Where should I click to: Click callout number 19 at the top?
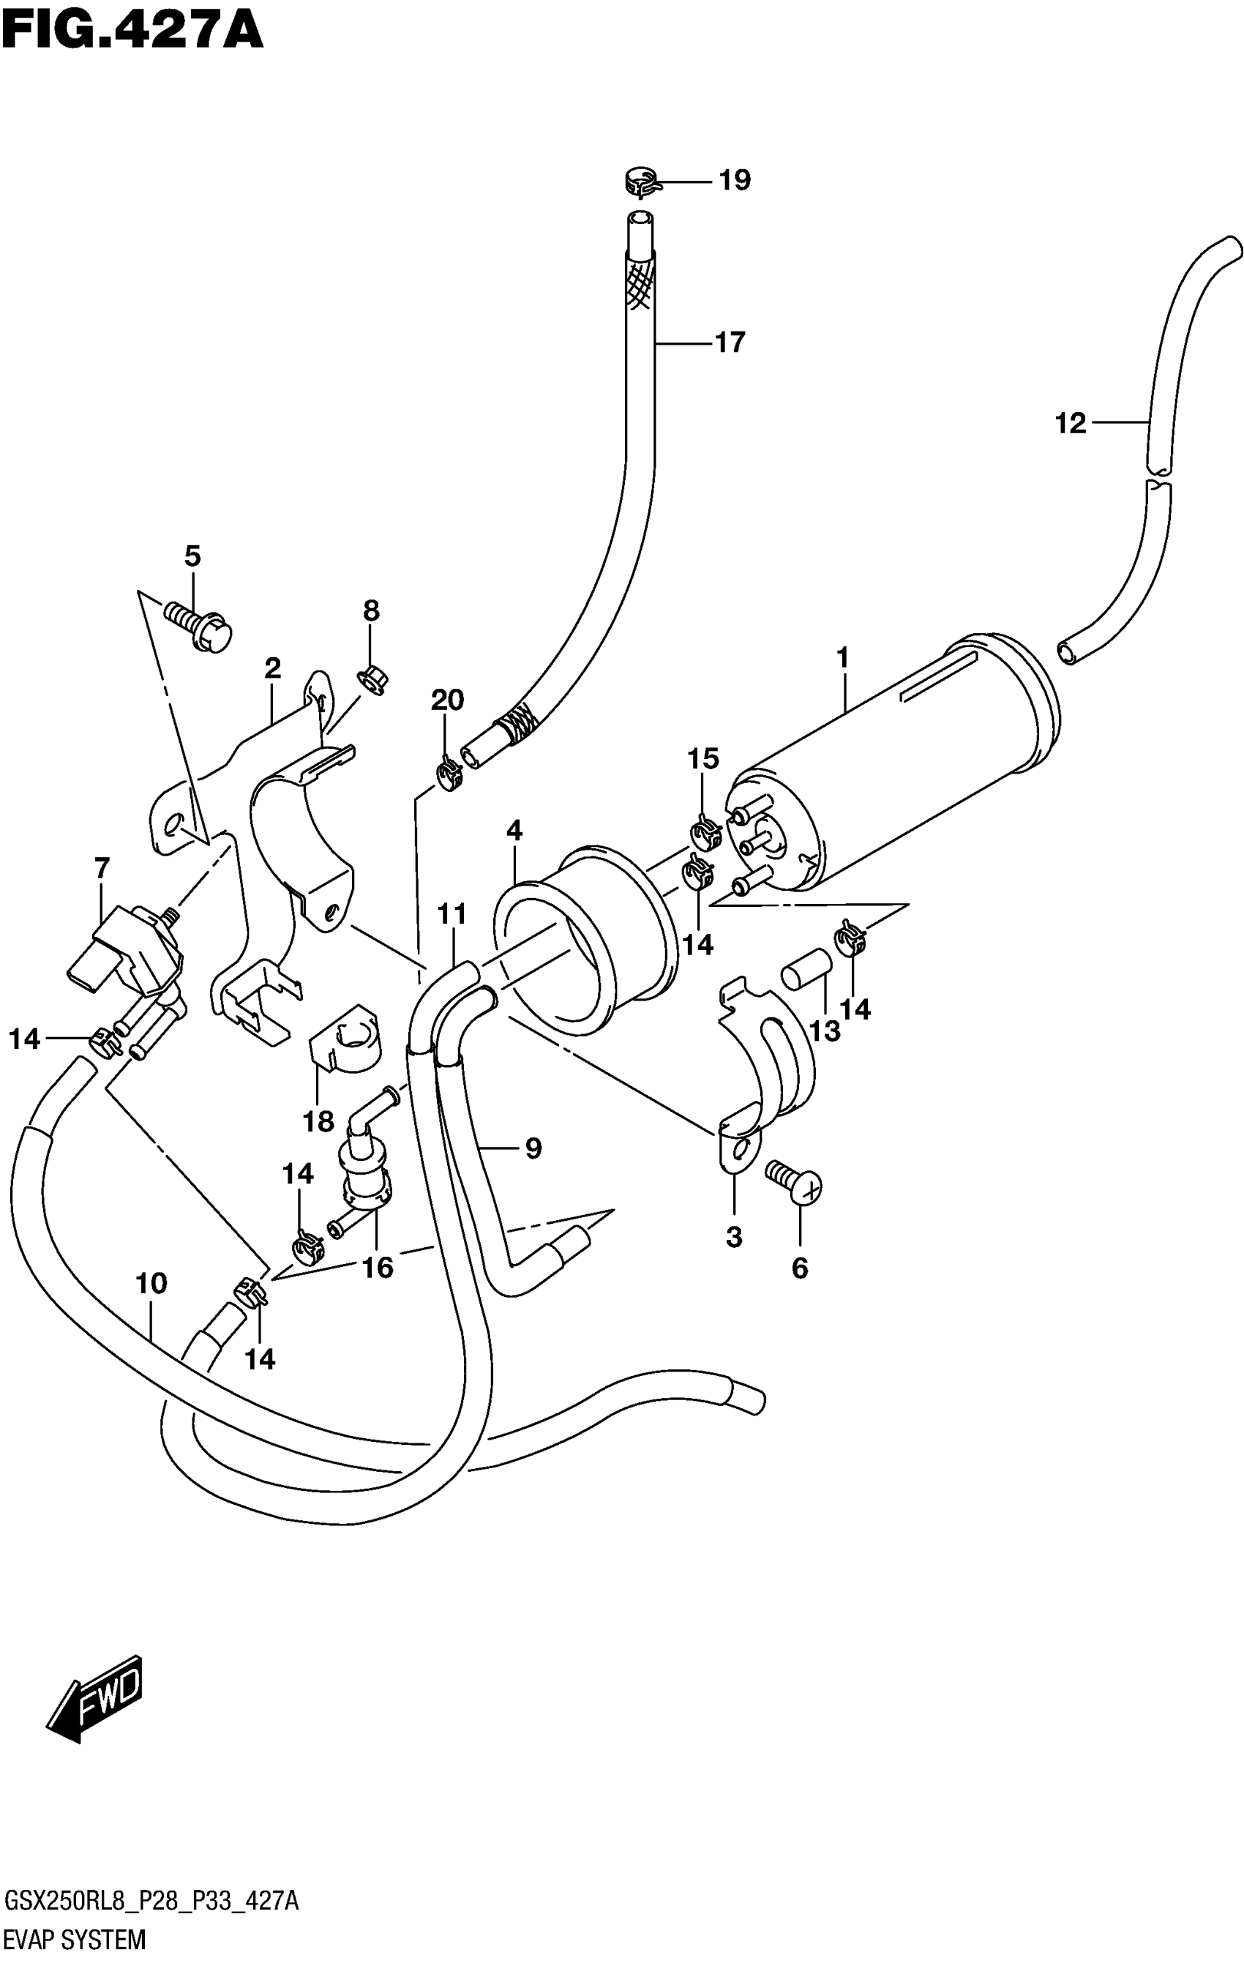tap(734, 180)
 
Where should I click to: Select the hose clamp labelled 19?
tap(642, 182)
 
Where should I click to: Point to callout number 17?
tap(730, 343)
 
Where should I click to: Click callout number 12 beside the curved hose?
tap(1071, 423)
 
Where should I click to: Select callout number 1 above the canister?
tap(842, 657)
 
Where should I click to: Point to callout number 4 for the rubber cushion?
tap(514, 831)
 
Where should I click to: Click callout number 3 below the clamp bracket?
tap(734, 1237)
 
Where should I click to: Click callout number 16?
tap(378, 1268)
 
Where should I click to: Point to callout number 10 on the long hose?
tap(151, 1283)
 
